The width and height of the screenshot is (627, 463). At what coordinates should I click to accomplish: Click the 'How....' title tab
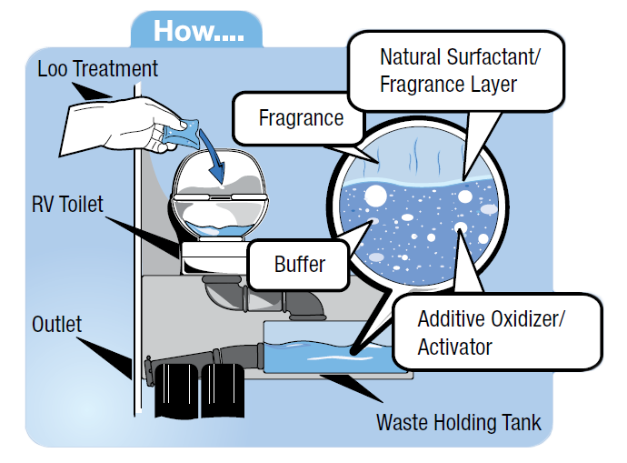[x=197, y=30]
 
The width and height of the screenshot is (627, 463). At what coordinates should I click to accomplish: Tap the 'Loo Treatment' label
[x=97, y=68]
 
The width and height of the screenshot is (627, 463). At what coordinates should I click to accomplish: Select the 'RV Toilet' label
[x=67, y=204]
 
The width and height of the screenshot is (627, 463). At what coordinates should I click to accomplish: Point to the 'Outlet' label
[x=56, y=324]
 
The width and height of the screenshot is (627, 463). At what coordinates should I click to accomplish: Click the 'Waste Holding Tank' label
[x=459, y=422]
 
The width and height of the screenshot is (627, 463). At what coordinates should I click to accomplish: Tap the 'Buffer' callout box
[x=298, y=265]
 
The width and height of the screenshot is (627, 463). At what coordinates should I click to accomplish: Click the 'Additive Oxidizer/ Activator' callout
[x=497, y=331]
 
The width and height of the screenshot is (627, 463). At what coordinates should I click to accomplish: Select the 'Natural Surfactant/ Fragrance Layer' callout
[x=456, y=71]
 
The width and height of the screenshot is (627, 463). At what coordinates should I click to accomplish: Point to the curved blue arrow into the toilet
[x=213, y=156]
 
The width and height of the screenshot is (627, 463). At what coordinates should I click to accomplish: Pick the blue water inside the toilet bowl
[x=219, y=229]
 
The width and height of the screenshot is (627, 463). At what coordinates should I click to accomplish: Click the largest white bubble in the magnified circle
[x=375, y=196]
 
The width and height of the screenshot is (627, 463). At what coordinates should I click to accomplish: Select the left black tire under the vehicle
[x=176, y=390]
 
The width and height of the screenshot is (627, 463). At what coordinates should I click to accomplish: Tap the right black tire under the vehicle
[x=223, y=390]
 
